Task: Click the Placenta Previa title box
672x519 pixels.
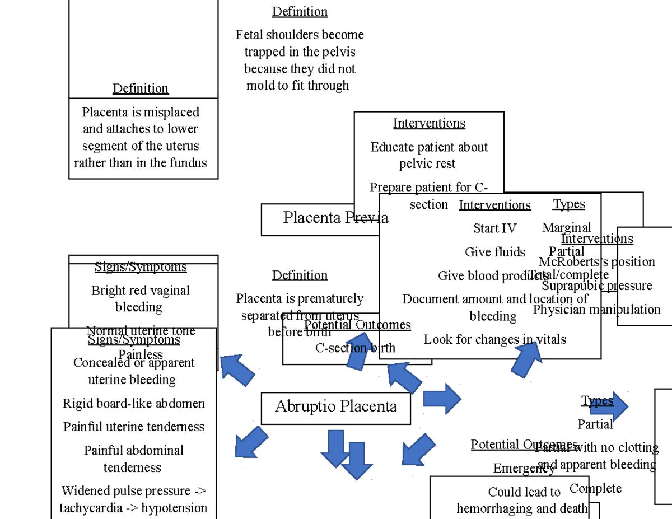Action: (x=320, y=219)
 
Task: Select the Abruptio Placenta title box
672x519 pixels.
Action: (x=335, y=408)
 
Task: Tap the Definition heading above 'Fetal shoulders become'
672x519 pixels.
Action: (x=300, y=12)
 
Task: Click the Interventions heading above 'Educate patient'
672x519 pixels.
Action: (x=429, y=123)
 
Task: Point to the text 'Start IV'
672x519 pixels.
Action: (x=494, y=228)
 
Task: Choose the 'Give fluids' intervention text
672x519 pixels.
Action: (x=495, y=252)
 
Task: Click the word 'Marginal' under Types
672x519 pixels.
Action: (x=566, y=228)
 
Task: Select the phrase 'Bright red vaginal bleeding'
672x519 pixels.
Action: (x=140, y=298)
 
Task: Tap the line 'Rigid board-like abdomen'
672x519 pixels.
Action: (x=134, y=404)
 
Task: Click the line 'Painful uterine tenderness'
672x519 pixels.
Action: (x=134, y=427)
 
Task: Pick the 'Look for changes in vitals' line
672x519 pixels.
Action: (x=494, y=339)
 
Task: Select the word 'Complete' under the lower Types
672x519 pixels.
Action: (x=595, y=488)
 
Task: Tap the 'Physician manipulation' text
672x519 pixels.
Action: (x=596, y=310)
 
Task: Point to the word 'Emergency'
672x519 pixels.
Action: (x=524, y=468)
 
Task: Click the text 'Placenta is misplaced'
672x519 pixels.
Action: (x=141, y=112)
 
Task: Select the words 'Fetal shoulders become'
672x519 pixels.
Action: (x=300, y=35)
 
